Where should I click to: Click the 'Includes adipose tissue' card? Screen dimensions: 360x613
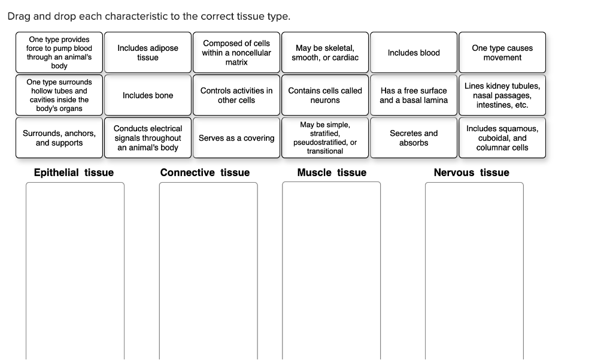(148, 53)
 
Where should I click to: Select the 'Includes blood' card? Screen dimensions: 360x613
(414, 53)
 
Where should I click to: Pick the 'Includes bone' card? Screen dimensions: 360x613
(148, 95)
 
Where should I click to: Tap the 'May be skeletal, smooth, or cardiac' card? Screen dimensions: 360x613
(325, 53)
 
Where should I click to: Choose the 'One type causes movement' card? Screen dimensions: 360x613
(502, 53)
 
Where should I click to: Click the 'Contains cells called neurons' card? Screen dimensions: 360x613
(325, 95)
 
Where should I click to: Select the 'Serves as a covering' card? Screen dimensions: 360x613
(236, 138)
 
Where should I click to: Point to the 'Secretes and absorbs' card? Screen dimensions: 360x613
(414, 138)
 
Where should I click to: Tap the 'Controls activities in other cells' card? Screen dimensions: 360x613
(236, 95)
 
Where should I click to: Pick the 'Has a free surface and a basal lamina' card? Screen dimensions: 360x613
(414, 95)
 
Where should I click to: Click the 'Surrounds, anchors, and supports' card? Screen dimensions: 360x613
(59, 138)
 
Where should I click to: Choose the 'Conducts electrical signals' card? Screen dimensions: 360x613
(148, 138)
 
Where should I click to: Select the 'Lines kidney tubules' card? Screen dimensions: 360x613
(502, 95)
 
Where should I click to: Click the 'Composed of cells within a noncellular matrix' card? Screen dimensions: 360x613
(236, 53)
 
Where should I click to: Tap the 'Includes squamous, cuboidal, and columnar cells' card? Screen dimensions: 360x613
(502, 138)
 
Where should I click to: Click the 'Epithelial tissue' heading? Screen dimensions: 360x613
(74, 173)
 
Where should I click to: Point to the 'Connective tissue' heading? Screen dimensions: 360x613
(205, 173)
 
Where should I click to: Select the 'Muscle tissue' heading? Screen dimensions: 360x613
(332, 173)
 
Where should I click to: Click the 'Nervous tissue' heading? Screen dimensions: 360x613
(471, 173)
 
